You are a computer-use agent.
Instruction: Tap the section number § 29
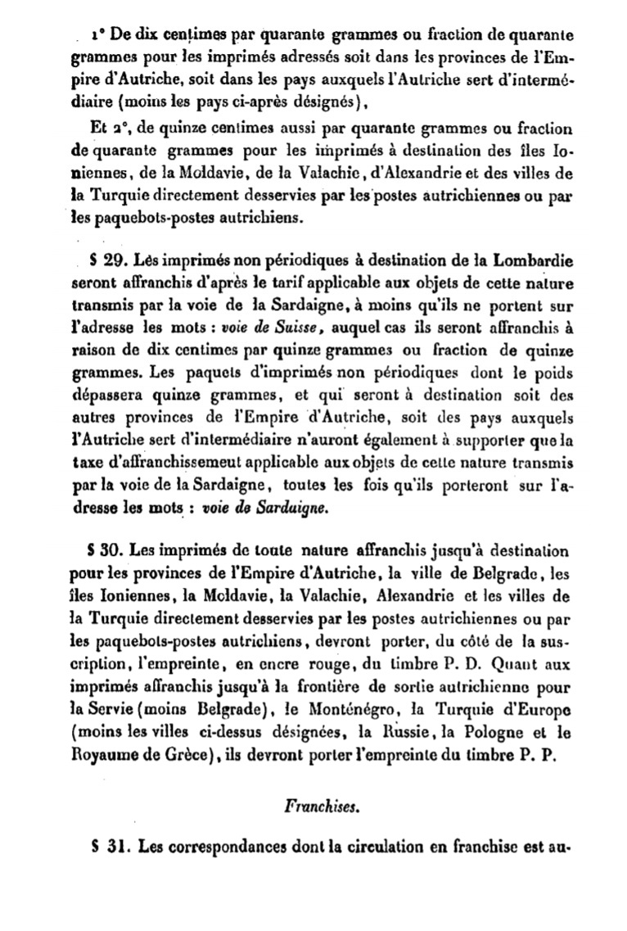click(x=106, y=260)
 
